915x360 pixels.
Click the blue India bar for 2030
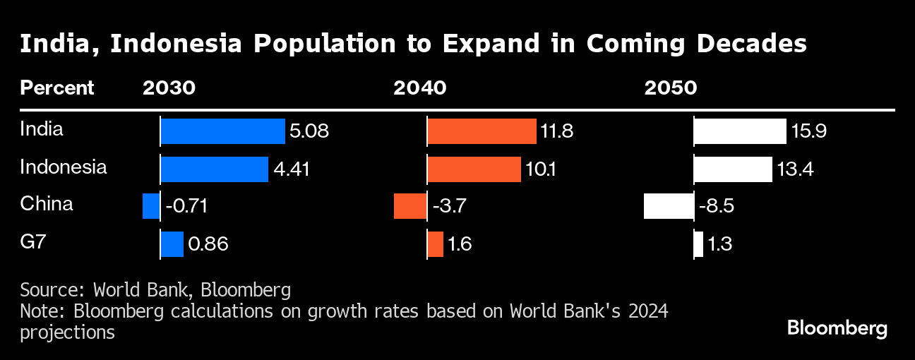pyautogui.click(x=222, y=132)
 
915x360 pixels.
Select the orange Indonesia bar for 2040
pyautogui.click(x=474, y=169)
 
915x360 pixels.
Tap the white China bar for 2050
pyautogui.click(x=669, y=207)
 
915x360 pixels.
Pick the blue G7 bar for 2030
pyautogui.click(x=172, y=244)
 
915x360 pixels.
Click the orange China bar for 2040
pyautogui.click(x=410, y=207)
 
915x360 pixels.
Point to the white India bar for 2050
pyautogui.click(x=740, y=132)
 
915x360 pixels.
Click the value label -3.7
pyautogui.click(x=449, y=207)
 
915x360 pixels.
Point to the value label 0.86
pyautogui.click(x=208, y=244)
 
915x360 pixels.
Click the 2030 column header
pyautogui.click(x=169, y=88)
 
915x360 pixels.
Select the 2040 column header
pyautogui.click(x=419, y=88)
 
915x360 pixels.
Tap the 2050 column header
pyautogui.click(x=670, y=88)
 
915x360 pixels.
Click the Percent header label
pyautogui.click(x=56, y=88)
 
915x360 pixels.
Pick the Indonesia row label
pyautogui.click(x=64, y=167)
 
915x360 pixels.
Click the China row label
pyautogui.click(x=47, y=205)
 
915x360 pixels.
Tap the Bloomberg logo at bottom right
pyautogui.click(x=837, y=329)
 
